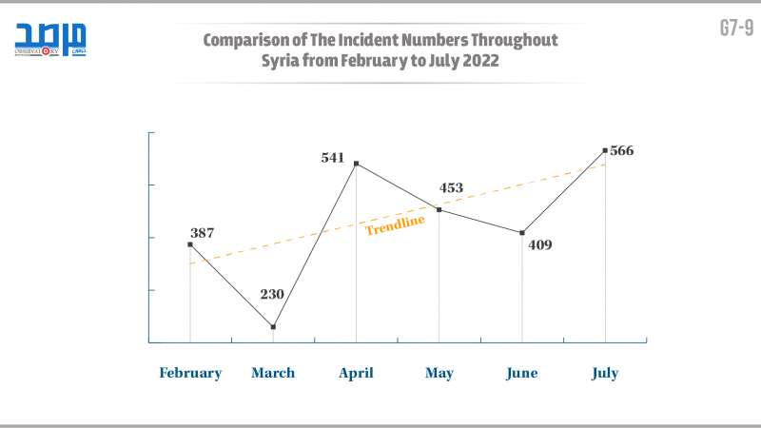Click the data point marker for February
point(190,244)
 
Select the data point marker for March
point(273,327)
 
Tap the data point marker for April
point(356,164)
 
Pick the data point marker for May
point(439,210)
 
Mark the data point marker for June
point(521,233)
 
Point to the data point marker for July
point(605,150)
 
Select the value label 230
point(272,294)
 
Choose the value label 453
point(450,188)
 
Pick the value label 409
point(539,244)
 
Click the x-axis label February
point(190,374)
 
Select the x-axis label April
point(356,374)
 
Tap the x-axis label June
point(521,374)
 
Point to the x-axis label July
point(605,374)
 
